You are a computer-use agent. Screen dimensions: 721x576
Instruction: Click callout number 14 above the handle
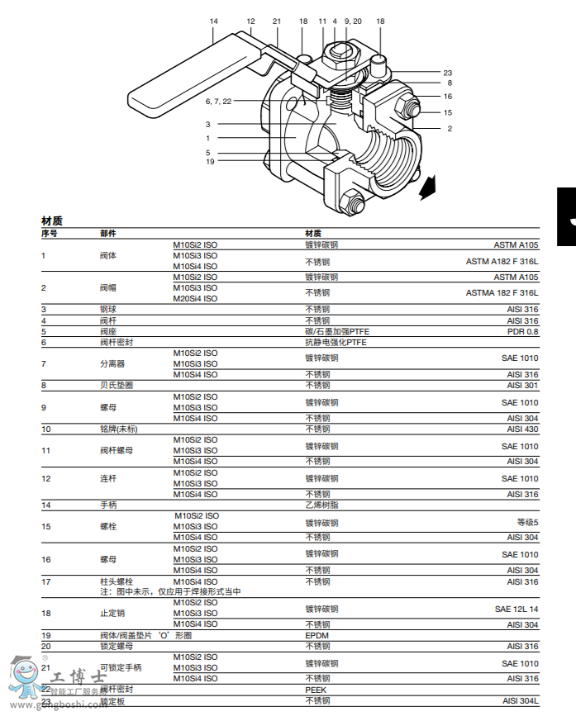[x=214, y=21]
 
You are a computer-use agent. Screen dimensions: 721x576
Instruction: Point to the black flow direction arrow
[x=428, y=189]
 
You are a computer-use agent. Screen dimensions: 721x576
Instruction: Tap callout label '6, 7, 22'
[x=218, y=101]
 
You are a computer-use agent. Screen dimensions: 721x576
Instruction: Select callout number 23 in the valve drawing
[x=447, y=72]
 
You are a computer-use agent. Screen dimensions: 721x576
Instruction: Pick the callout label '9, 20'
[x=353, y=21]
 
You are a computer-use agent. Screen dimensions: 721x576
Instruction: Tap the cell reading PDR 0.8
[x=522, y=331]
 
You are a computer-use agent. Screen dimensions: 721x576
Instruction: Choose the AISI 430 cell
[x=521, y=429]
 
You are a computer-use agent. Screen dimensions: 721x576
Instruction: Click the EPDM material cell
[x=317, y=635]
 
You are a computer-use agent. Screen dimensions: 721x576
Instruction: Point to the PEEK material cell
[x=317, y=689]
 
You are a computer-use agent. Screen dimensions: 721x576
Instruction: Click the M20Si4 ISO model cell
[x=195, y=298]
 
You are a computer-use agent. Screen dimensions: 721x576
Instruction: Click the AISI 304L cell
[x=520, y=700]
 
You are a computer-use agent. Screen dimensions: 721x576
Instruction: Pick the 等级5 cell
[x=527, y=521]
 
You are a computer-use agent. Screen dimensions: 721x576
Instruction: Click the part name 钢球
[x=108, y=309]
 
